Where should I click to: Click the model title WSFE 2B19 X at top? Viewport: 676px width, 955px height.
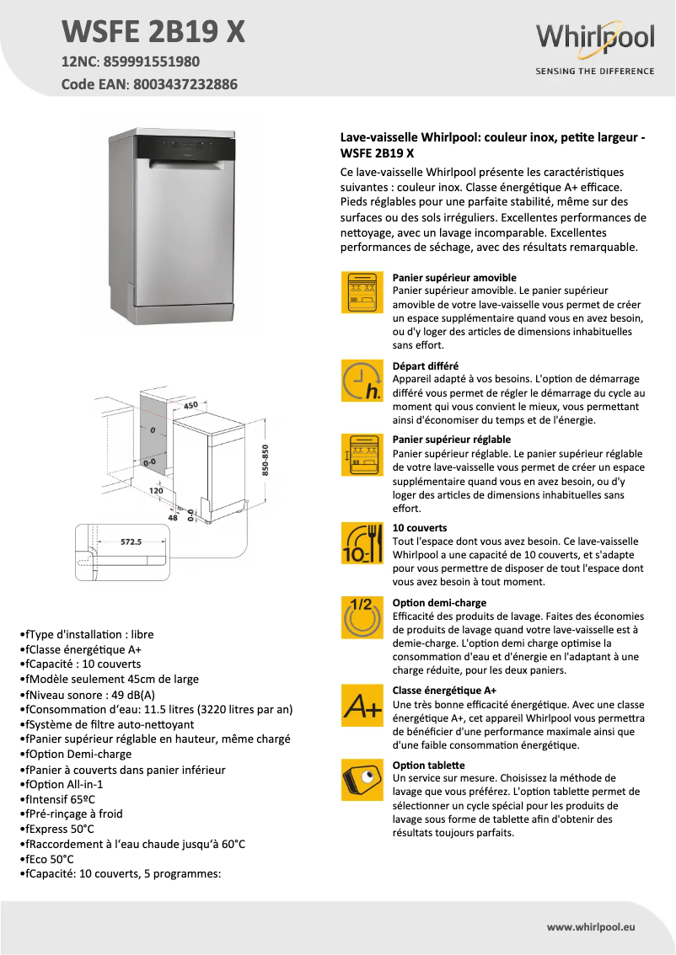point(154,31)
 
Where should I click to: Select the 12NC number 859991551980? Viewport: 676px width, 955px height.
point(152,62)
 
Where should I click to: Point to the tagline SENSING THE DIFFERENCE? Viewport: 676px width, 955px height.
point(595,72)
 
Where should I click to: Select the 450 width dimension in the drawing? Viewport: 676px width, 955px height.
point(190,406)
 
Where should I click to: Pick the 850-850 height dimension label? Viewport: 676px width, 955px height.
point(265,461)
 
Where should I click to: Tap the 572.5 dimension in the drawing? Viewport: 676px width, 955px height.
point(130,542)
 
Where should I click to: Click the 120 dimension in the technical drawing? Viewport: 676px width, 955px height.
point(156,489)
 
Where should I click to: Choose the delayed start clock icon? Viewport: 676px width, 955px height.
point(361,380)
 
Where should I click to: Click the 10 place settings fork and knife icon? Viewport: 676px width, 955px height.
point(361,543)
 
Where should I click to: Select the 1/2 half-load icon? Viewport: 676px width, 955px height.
point(361,617)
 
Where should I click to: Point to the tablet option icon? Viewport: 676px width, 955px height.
point(361,779)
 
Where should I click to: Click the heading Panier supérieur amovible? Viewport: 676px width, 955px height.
point(454,277)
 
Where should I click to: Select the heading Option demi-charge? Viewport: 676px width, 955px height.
point(439,603)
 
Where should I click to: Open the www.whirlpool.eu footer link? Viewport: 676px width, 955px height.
point(590,926)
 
